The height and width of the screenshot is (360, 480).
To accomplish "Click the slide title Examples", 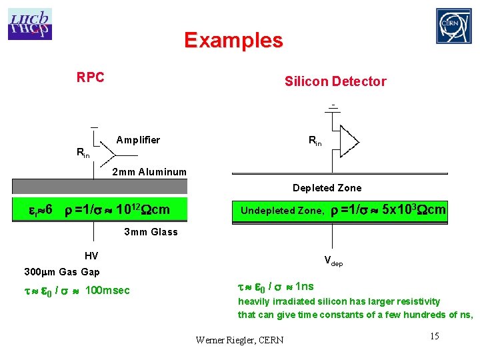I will [x=233, y=41].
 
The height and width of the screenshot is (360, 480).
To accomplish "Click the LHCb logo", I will [x=30, y=24].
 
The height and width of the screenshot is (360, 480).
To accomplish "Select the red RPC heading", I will [x=90, y=77].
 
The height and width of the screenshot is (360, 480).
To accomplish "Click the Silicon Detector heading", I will [x=335, y=81].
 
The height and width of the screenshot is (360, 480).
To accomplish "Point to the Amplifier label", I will [x=138, y=140].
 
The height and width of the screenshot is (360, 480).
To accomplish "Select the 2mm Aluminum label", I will [x=149, y=172].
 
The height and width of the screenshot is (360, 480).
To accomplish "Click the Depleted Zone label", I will [x=327, y=188].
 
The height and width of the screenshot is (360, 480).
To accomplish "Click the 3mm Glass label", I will [x=151, y=232].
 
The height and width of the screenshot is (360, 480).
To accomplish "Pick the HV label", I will [x=91, y=256].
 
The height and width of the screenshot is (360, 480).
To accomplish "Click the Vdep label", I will [x=333, y=261].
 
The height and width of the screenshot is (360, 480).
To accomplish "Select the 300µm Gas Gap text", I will [x=62, y=272].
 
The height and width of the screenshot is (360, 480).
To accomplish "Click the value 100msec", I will [x=108, y=291].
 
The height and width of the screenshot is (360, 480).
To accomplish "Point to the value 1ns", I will [x=303, y=287].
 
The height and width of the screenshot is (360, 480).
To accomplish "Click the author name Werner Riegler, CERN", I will [x=239, y=340].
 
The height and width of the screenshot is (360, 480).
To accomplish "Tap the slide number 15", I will [x=433, y=336].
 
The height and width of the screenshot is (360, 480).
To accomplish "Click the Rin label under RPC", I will [x=83, y=153].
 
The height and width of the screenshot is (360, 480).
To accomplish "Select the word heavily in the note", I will [x=254, y=301].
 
